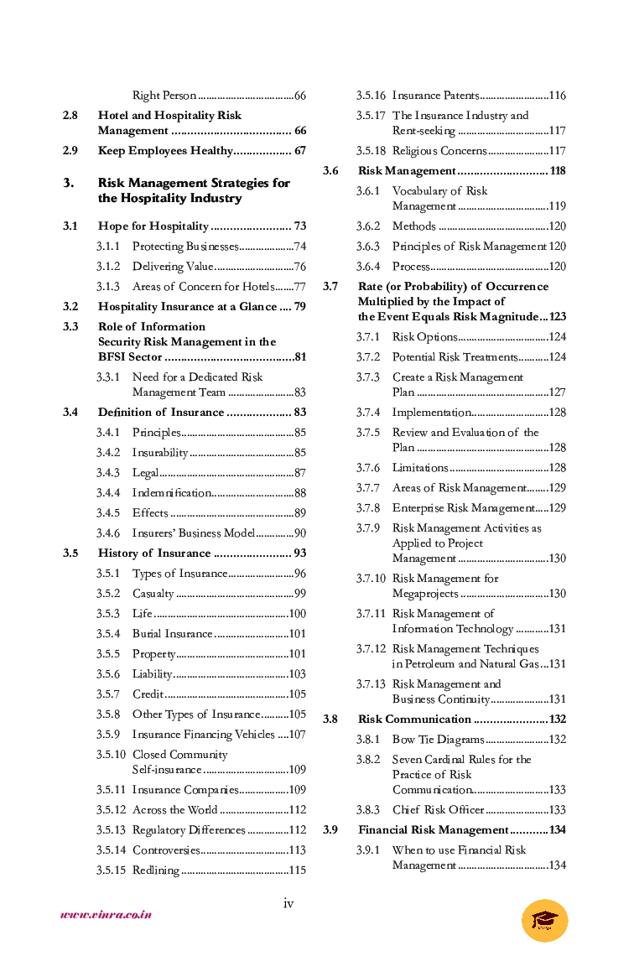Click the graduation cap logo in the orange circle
tap(544, 920)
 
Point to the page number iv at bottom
tap(289, 903)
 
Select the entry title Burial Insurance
tap(173, 634)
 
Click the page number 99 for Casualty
tap(299, 594)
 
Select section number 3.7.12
tap(371, 649)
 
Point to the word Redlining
tap(156, 870)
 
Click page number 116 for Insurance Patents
tap(557, 96)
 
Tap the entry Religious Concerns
tap(439, 151)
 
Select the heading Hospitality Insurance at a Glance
tap(188, 307)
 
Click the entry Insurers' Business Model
tap(189, 533)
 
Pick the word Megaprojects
tap(425, 594)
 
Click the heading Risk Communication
tap(414, 720)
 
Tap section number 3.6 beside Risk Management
tap(330, 171)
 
